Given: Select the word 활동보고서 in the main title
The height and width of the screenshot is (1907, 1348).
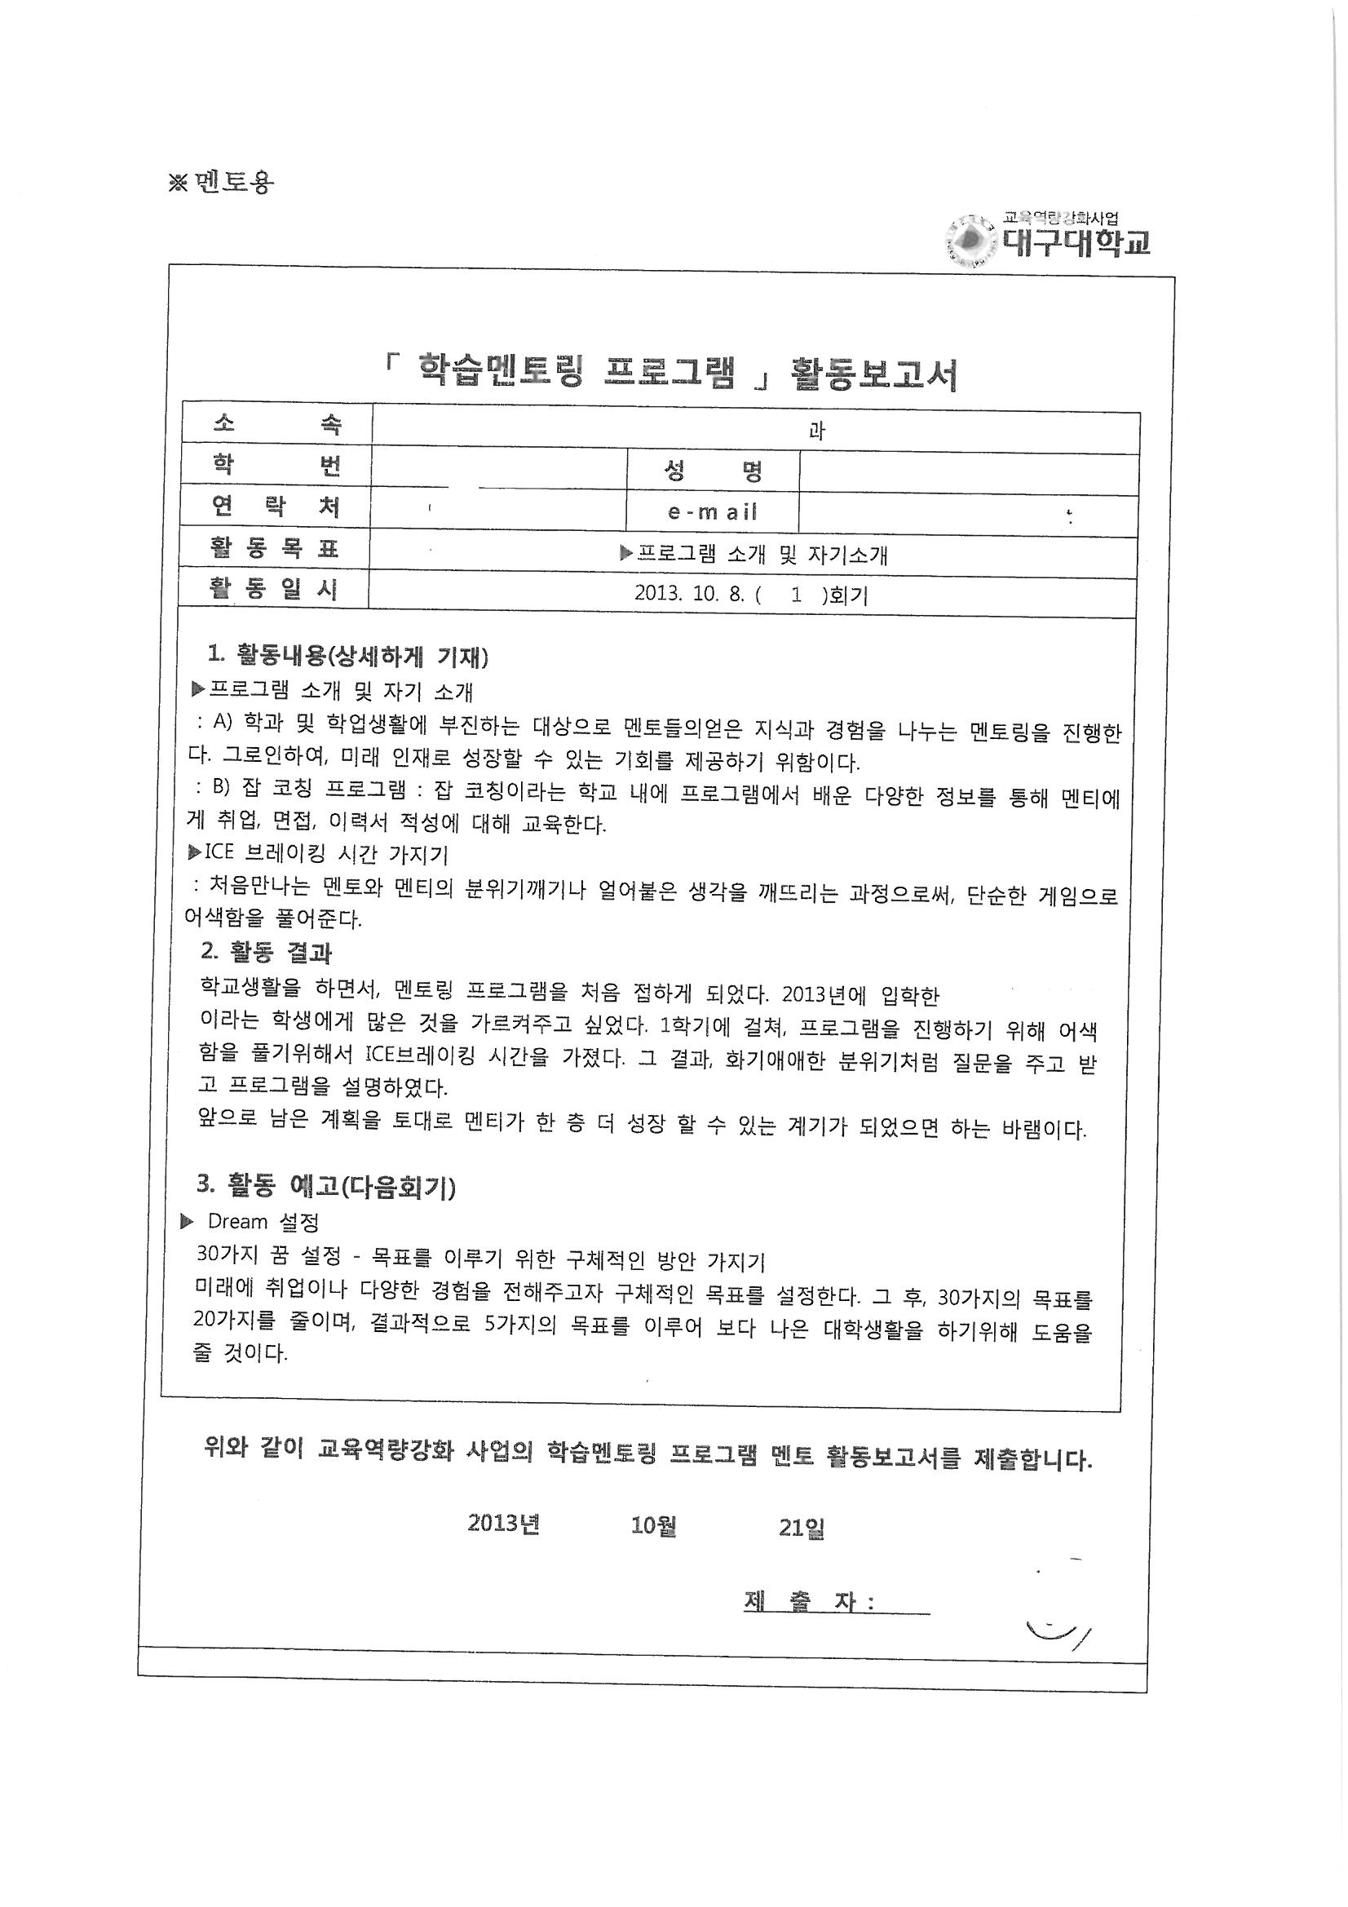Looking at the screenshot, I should (873, 375).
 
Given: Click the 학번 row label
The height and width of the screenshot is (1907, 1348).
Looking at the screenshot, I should (276, 466).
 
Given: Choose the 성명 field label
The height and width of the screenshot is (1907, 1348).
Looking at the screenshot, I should (713, 471).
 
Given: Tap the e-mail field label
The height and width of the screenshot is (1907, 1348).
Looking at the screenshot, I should (713, 511).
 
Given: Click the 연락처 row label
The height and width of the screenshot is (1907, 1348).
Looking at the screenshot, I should (276, 506).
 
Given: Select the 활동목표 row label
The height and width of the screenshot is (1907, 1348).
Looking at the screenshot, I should (275, 548).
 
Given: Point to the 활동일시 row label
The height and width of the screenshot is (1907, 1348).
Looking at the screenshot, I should (275, 590).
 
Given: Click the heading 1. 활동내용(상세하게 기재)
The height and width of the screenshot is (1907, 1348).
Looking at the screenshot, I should (347, 656).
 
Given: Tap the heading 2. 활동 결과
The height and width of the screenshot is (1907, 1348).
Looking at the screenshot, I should (266, 952).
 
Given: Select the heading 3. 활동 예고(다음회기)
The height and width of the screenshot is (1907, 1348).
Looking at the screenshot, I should (325, 1188).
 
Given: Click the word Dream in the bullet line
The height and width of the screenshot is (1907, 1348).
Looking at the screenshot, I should (237, 1222).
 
